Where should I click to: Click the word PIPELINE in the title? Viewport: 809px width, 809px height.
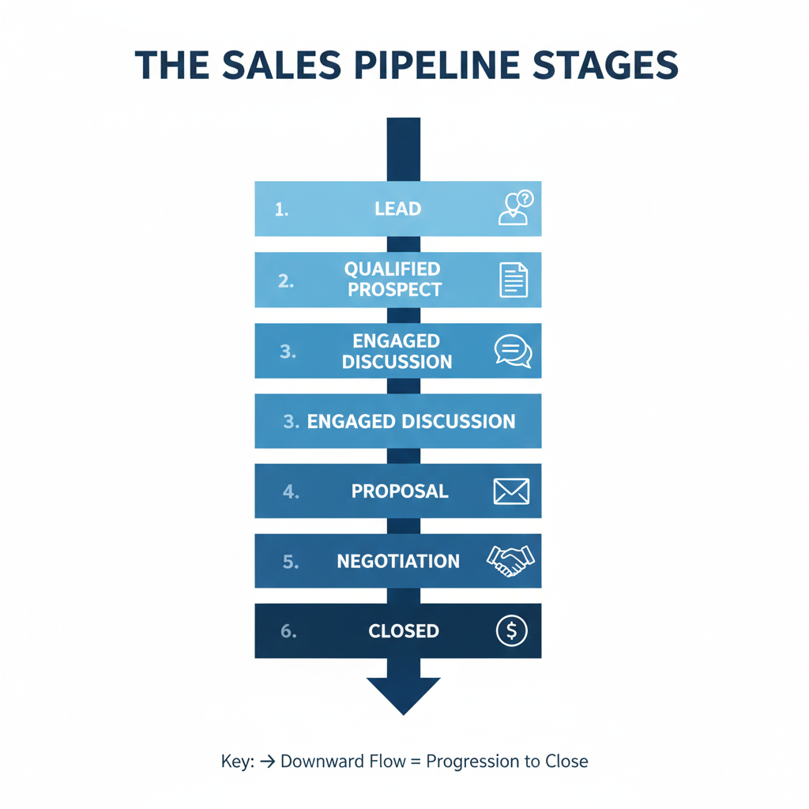click(423, 66)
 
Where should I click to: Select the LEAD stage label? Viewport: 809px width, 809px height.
click(398, 209)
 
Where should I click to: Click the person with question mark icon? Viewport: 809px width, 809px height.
click(515, 209)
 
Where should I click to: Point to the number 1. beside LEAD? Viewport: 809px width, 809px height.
click(282, 209)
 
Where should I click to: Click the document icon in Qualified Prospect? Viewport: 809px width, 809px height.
click(514, 280)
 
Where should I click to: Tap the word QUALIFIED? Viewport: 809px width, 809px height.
click(393, 269)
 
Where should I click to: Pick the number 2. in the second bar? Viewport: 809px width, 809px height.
click(286, 280)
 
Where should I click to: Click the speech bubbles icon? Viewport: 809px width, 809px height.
click(514, 351)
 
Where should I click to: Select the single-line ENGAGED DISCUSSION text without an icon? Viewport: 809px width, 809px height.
click(411, 421)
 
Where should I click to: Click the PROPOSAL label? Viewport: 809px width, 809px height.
click(400, 491)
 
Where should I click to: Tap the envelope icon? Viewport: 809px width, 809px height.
click(511, 491)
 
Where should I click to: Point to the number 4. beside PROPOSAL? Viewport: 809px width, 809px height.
click(291, 491)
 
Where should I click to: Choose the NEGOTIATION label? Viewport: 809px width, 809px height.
click(398, 561)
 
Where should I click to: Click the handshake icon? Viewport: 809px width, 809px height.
click(510, 561)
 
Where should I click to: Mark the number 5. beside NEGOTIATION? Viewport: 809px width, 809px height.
click(290, 562)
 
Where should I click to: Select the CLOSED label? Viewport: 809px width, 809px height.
click(404, 631)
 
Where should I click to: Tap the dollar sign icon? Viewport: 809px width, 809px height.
click(511, 630)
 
